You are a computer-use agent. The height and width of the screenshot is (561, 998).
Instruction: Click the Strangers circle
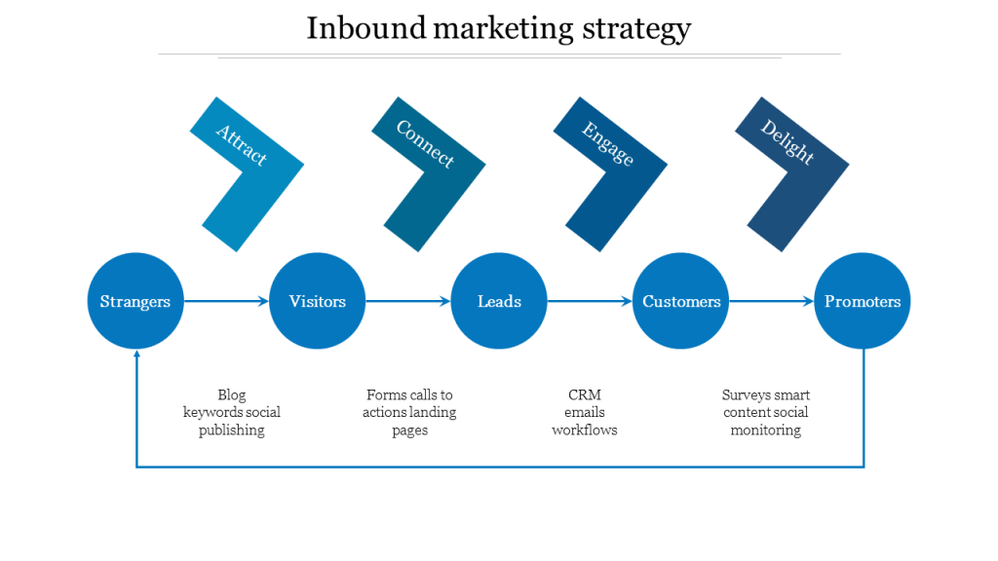tap(135, 301)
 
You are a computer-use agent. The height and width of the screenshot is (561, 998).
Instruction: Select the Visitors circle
tap(317, 301)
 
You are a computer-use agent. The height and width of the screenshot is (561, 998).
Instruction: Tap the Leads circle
tap(499, 301)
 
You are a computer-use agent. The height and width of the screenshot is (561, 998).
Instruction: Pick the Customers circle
tap(681, 301)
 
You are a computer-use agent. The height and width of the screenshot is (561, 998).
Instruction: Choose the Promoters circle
tap(863, 301)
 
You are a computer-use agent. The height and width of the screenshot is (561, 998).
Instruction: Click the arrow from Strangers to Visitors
tap(226, 302)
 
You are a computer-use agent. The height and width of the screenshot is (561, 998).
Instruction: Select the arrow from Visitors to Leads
tap(408, 302)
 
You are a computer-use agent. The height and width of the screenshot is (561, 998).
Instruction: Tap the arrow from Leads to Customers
tap(590, 302)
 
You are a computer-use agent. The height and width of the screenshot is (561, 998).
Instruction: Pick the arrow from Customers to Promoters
tap(772, 302)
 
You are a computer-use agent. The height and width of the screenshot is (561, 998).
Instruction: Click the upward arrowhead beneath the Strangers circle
tap(136, 356)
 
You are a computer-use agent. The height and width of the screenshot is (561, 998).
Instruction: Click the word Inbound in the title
tap(365, 28)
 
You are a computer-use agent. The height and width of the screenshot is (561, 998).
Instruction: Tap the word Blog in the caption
tap(232, 395)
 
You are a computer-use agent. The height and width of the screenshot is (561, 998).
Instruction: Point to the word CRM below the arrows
tap(585, 395)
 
